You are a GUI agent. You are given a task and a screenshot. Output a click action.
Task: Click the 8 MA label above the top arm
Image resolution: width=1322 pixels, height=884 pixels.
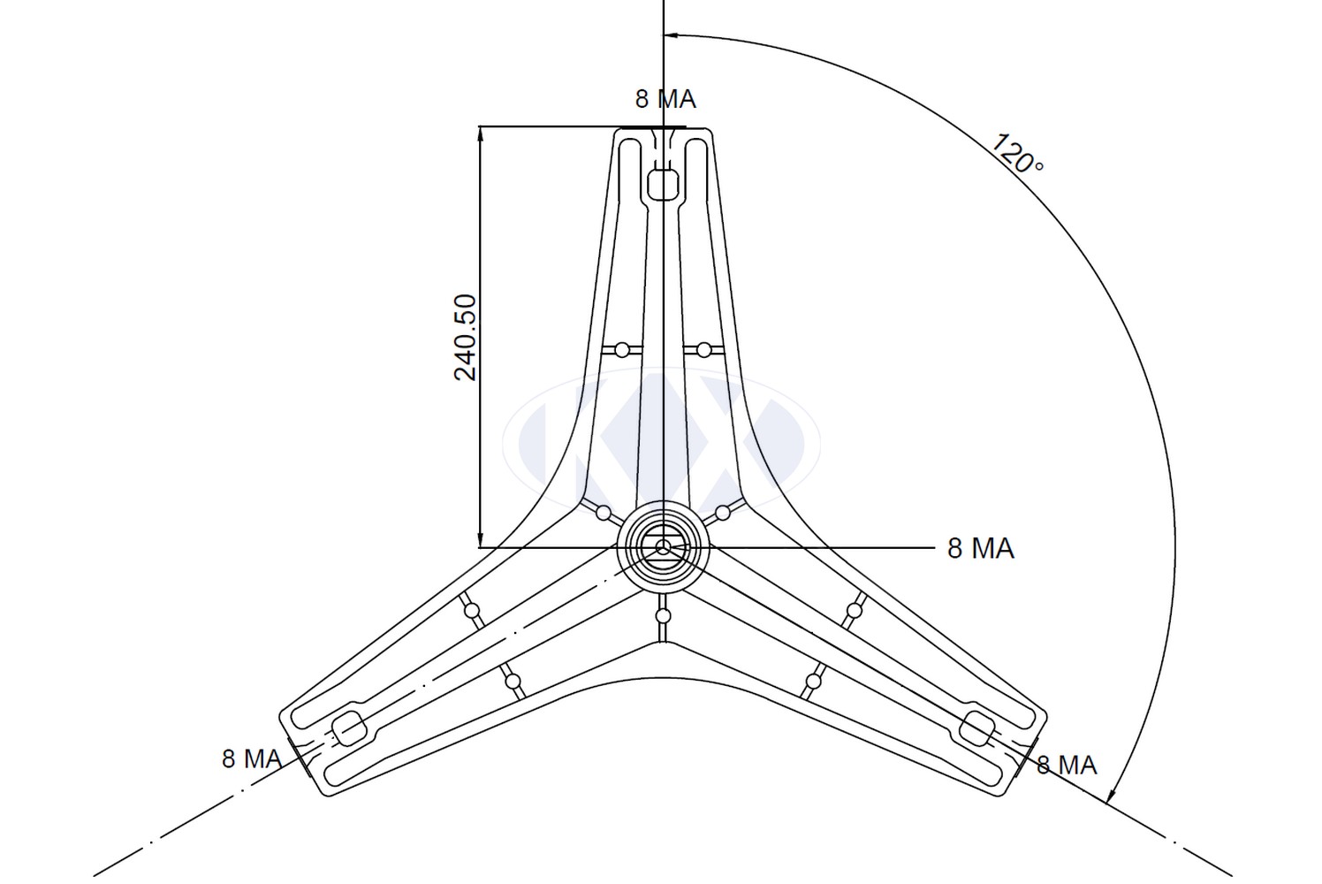click(665, 99)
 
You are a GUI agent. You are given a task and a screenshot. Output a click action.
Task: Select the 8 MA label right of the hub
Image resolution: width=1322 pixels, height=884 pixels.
click(981, 549)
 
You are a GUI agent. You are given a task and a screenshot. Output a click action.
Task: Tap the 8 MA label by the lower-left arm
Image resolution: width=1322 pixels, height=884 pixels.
click(252, 758)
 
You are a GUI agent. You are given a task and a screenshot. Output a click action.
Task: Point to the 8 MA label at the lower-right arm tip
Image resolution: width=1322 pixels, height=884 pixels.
click(1067, 766)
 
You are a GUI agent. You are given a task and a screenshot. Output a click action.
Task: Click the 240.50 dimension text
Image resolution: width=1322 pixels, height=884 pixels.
click(465, 337)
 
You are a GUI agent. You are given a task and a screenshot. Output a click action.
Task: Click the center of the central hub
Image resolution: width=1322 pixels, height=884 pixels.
click(664, 547)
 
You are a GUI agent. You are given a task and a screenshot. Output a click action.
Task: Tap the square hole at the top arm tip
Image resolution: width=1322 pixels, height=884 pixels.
click(663, 185)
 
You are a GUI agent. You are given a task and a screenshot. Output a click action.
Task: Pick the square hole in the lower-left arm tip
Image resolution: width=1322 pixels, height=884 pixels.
click(347, 728)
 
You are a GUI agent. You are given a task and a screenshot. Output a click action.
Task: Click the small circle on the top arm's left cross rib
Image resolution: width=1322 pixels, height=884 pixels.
click(621, 350)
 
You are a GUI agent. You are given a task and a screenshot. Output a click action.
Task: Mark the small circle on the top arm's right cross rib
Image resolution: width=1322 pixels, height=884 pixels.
click(703, 350)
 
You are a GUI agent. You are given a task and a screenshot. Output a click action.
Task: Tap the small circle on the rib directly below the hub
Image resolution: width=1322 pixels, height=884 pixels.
click(664, 616)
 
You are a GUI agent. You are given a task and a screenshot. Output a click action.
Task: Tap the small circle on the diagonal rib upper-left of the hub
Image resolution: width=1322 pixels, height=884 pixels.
click(604, 513)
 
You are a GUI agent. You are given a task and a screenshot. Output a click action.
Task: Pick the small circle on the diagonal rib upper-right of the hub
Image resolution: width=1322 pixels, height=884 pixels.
click(722, 513)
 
